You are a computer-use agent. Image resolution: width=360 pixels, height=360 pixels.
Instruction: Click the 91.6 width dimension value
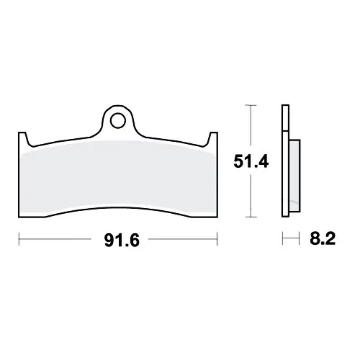tap(122, 240)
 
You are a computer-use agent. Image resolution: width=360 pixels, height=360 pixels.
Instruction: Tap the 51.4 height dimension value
tap(251, 161)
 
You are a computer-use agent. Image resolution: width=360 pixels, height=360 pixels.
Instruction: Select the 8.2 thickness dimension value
tap(323, 238)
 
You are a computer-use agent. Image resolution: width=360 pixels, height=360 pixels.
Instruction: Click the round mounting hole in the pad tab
tap(118, 121)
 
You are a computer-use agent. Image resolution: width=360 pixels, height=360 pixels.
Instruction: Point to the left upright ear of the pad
tap(23, 139)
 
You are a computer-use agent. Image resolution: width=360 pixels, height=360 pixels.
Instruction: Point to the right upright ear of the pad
tap(213, 139)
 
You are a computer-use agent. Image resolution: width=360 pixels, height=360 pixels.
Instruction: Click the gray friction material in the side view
tap(294, 176)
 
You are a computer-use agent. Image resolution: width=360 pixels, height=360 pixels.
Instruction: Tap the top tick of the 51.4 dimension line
tap(251, 105)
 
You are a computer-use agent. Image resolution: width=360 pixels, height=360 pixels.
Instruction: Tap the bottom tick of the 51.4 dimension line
tap(251, 217)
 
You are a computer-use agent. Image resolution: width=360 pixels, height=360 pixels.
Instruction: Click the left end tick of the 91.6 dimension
tap(19, 239)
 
